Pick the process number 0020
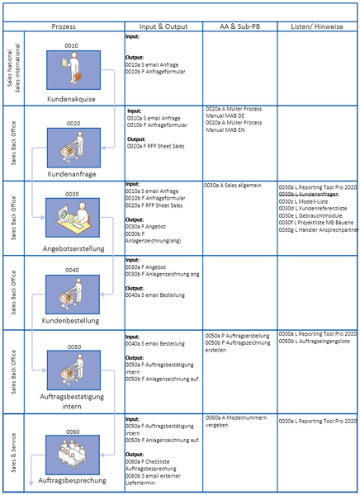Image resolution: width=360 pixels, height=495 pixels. click(x=73, y=124)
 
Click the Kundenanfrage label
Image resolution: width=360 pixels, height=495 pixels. click(x=73, y=175)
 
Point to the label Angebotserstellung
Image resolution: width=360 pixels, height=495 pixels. click(x=73, y=247)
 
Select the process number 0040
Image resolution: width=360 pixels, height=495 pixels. click(x=73, y=270)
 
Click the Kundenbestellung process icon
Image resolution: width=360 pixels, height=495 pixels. click(x=73, y=293)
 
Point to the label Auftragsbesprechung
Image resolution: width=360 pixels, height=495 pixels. click(x=73, y=479)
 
